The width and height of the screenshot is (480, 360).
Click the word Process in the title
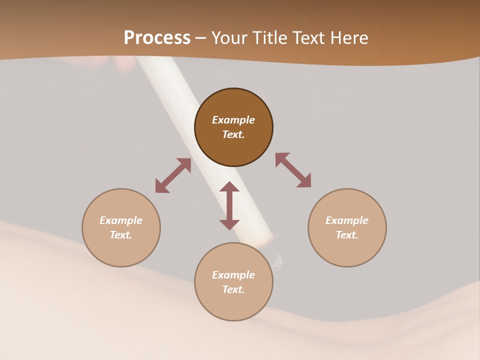point(157,38)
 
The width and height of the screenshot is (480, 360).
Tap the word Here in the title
point(349,38)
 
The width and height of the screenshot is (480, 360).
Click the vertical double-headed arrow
point(229,205)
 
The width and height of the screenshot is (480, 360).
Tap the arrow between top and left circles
point(173,175)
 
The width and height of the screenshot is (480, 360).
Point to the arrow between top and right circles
point(293,170)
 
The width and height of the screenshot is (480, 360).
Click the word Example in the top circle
point(233,120)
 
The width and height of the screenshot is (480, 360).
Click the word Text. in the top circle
point(233,134)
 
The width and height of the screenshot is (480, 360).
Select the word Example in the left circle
point(121,220)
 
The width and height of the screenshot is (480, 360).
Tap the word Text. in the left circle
point(121,235)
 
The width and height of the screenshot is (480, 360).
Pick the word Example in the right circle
point(347,220)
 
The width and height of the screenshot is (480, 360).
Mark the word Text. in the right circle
point(347,235)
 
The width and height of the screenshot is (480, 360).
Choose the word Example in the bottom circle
point(233,275)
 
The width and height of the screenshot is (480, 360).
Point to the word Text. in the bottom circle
point(233,289)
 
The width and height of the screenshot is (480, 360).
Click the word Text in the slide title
point(309,38)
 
